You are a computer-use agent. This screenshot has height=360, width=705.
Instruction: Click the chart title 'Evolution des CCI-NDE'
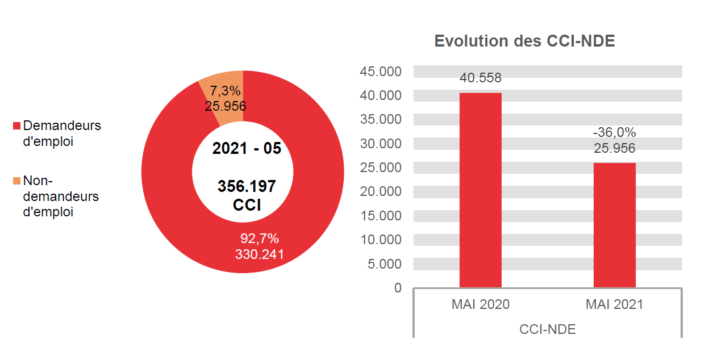point(524,41)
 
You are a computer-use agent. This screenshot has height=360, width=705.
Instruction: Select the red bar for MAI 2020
point(480,190)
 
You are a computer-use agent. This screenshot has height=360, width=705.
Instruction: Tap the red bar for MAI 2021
point(614,225)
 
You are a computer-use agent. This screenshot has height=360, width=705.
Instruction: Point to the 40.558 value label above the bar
point(481,78)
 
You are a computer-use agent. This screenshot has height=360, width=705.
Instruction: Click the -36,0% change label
point(614,132)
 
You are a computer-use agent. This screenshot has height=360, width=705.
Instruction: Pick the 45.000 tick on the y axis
point(380,72)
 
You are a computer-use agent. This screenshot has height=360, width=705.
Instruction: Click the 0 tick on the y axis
point(397,288)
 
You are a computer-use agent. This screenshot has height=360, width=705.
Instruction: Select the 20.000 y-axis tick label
point(380,192)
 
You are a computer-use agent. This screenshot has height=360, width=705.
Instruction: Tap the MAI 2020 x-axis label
point(481,304)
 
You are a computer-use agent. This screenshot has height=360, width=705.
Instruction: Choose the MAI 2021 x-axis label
point(614,304)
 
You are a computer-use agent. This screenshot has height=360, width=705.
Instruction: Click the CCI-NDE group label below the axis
point(547,329)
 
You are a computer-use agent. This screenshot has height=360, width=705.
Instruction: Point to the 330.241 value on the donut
point(260,254)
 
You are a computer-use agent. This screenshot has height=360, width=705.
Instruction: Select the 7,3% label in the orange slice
point(226,91)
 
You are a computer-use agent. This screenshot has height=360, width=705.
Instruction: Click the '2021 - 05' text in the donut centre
point(247,149)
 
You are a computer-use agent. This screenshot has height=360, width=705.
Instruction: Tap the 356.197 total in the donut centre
point(247,186)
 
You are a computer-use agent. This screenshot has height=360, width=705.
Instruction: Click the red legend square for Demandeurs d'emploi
point(16,125)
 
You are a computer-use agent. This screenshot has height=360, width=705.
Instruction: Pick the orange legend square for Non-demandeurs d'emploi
point(16,181)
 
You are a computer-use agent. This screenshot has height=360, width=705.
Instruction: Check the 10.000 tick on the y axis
point(380,240)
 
